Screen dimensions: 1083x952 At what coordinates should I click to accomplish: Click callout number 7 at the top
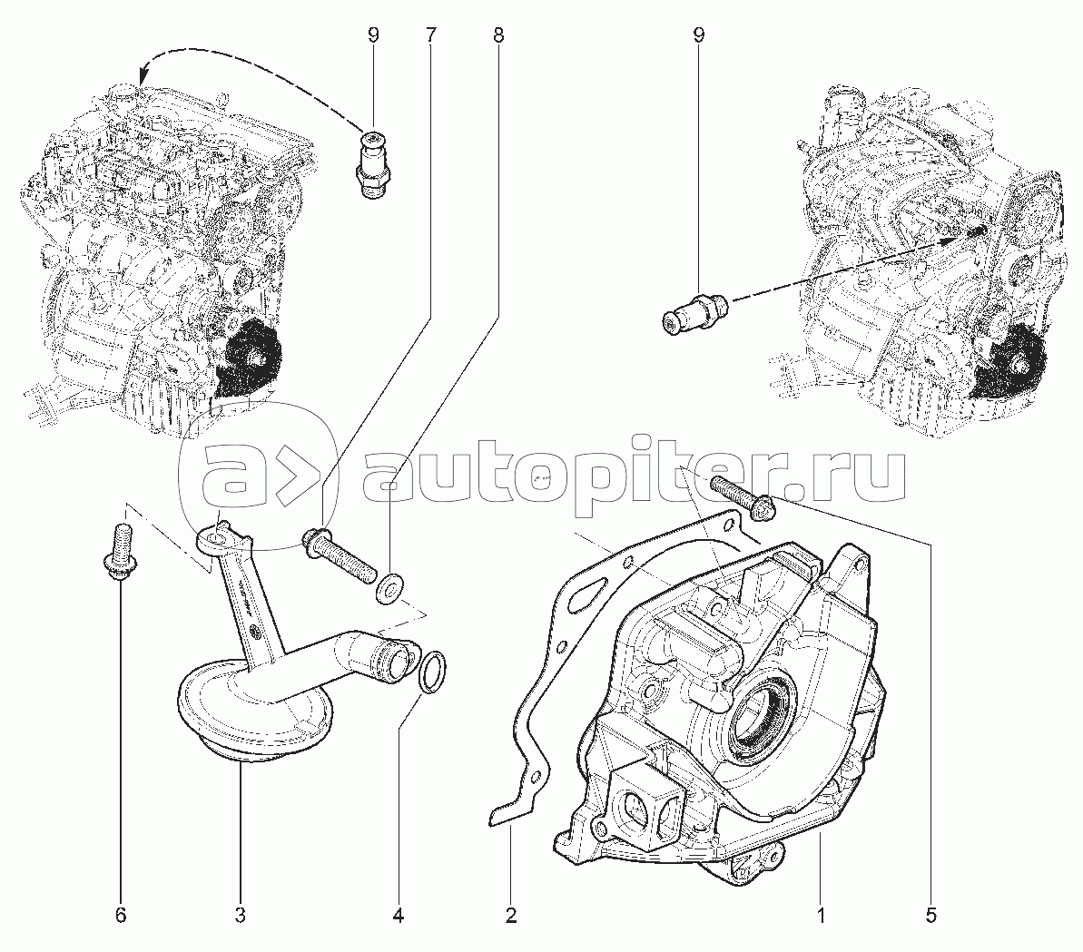pyautogui.click(x=430, y=35)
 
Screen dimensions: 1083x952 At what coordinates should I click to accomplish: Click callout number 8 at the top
pyautogui.click(x=498, y=35)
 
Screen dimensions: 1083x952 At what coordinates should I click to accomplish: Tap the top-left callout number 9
pyautogui.click(x=373, y=35)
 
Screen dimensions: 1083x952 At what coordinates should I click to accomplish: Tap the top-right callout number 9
pyautogui.click(x=699, y=35)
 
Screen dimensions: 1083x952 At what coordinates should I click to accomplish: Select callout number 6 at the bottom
pyautogui.click(x=121, y=916)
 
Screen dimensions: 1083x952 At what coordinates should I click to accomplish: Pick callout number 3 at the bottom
pyautogui.click(x=240, y=916)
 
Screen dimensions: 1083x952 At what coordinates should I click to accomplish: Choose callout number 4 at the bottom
pyautogui.click(x=398, y=916)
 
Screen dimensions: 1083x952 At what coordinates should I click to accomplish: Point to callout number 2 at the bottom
pyautogui.click(x=511, y=916)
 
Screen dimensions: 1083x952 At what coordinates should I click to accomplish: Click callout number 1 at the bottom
pyautogui.click(x=821, y=916)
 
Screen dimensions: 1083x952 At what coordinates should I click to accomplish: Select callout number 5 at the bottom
pyautogui.click(x=931, y=916)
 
